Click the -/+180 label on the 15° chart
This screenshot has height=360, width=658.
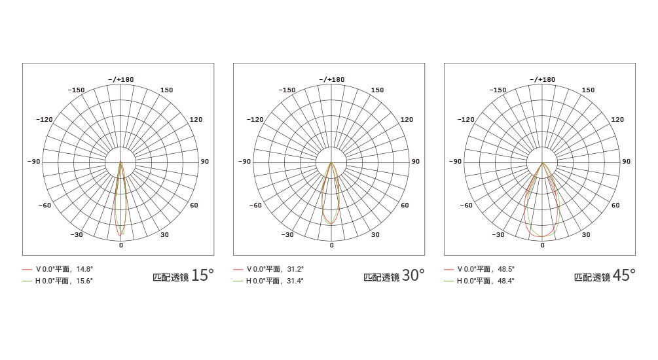point(121,79)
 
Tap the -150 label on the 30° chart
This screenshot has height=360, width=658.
point(287,90)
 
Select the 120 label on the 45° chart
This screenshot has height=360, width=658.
point(617,119)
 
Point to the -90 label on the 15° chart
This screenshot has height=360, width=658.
point(34,161)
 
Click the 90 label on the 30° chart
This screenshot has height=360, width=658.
point(416,161)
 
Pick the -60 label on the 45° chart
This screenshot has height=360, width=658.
point(466,205)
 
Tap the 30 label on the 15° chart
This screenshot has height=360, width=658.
point(164,234)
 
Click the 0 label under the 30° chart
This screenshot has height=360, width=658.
point(331,245)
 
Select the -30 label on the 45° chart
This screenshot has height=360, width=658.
point(498,234)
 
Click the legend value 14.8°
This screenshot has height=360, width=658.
point(84,269)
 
